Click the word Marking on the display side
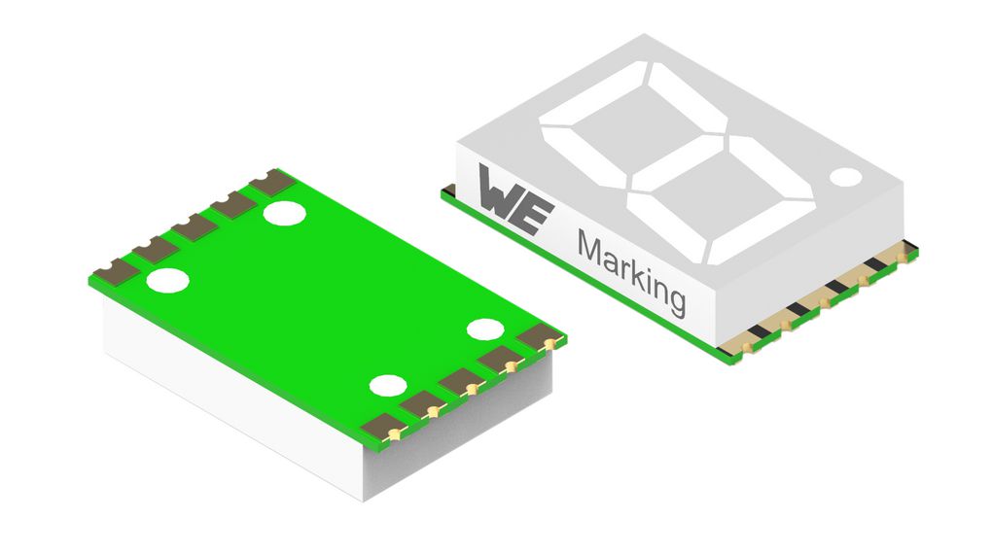click(x=631, y=273)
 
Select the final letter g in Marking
click(x=674, y=298)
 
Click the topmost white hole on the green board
click(x=286, y=212)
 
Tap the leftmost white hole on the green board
click(x=167, y=282)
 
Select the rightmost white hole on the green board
click(x=483, y=329)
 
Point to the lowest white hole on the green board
click(x=387, y=386)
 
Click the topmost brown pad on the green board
click(x=271, y=181)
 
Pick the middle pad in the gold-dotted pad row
click(x=463, y=381)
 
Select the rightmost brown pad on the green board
click(x=542, y=338)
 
